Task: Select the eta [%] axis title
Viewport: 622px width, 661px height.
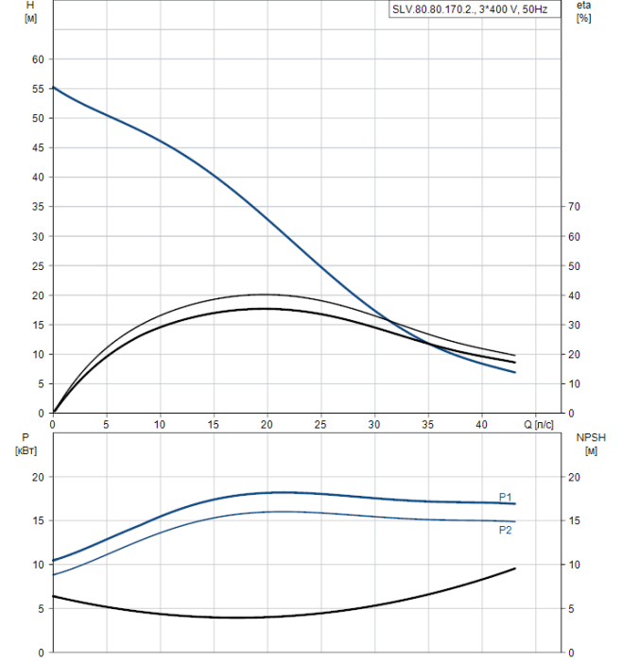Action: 583,12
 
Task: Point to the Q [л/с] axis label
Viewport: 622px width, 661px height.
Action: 544,425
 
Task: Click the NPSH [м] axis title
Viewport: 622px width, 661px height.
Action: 587,445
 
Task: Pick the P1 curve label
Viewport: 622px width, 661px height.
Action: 506,497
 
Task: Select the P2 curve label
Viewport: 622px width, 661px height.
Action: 506,530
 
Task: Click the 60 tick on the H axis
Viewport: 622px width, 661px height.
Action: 39,59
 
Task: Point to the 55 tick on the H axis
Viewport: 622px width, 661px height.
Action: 39,89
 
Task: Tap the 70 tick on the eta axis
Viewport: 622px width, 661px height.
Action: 573,207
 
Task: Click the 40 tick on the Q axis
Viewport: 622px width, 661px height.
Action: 482,425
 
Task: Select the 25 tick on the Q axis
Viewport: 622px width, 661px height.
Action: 320,425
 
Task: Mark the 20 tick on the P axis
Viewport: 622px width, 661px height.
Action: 38,477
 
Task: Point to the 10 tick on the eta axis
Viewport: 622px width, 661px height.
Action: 573,383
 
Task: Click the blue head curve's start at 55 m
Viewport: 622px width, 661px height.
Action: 53,87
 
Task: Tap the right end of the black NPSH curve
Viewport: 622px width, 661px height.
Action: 515,568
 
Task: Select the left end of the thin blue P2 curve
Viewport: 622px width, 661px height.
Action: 53,574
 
